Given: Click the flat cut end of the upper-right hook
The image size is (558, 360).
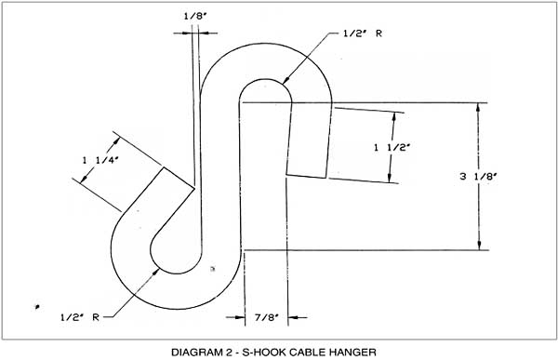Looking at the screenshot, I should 307,175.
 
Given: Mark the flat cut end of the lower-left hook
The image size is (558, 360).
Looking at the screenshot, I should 179,179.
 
